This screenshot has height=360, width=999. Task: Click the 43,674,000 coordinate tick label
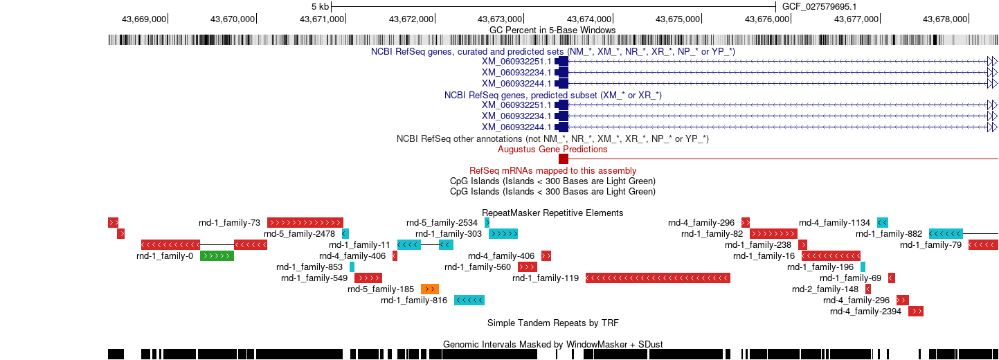pyautogui.click(x=588, y=19)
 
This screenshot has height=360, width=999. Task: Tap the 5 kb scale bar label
pyautogui.click(x=321, y=7)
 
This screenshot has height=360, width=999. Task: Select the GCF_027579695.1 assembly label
pyautogui.click(x=819, y=7)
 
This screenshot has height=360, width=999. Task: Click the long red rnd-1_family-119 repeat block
pyautogui.click(x=658, y=278)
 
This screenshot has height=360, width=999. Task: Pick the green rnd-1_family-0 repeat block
pyautogui.click(x=217, y=256)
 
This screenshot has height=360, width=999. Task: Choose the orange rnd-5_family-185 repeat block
pyautogui.click(x=430, y=289)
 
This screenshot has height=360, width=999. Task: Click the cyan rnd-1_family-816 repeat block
pyautogui.click(x=469, y=300)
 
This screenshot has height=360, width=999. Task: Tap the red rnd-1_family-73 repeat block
pyautogui.click(x=305, y=223)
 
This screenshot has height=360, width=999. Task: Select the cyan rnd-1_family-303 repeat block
pyautogui.click(x=503, y=234)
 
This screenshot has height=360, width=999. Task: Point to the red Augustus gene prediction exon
pyautogui.click(x=564, y=159)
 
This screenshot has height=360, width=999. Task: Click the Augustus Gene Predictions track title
pyautogui.click(x=552, y=150)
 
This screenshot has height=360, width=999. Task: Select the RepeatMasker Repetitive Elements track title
pyautogui.click(x=552, y=213)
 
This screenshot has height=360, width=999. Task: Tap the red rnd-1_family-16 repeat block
pyautogui.click(x=831, y=256)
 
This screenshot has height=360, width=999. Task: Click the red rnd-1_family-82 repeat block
pyautogui.click(x=773, y=234)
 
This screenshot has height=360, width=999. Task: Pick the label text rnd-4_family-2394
pyautogui.click(x=865, y=312)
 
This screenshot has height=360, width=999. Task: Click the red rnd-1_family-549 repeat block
pyautogui.click(x=368, y=278)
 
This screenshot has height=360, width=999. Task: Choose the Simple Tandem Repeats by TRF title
pyautogui.click(x=552, y=323)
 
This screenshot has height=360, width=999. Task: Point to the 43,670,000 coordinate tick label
pyautogui.click(x=233, y=19)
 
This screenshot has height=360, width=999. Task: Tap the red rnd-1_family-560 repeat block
pyautogui.click(x=528, y=267)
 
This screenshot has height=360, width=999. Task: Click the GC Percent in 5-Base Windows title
pyautogui.click(x=552, y=30)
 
